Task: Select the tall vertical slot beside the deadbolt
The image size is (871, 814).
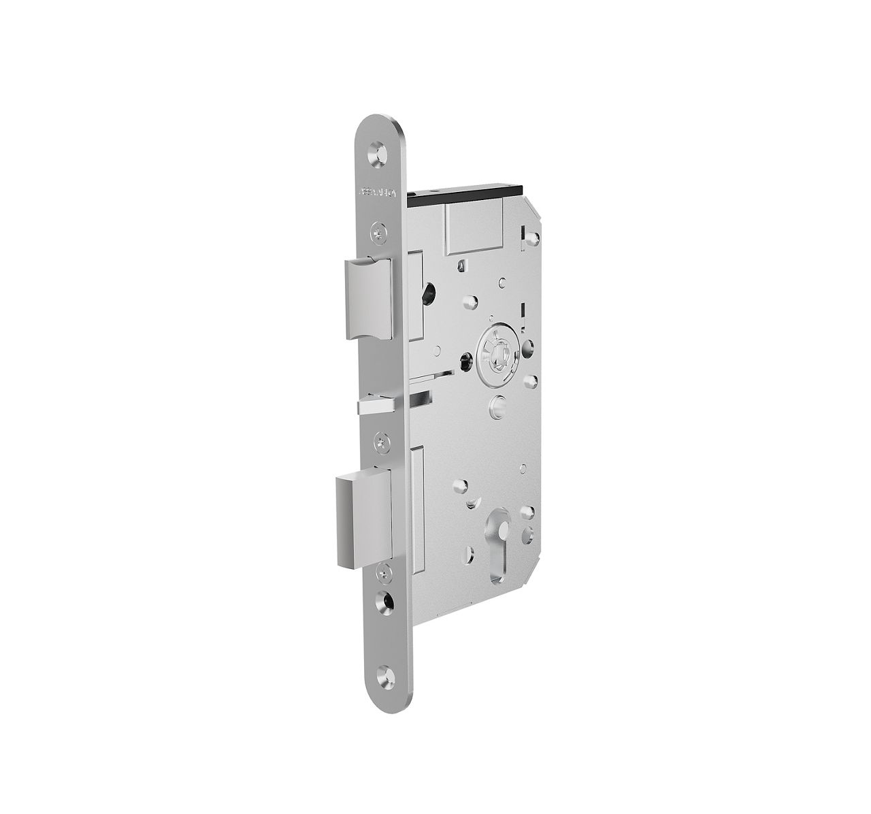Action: tap(416, 504)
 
